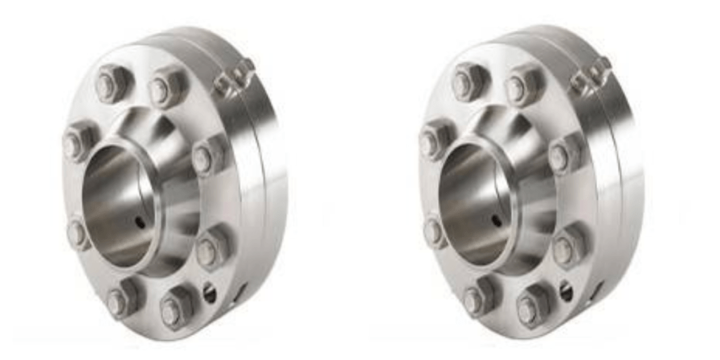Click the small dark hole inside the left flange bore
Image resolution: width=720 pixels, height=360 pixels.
pyautogui.click(x=141, y=222)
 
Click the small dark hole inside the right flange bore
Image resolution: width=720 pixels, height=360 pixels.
pyautogui.click(x=497, y=221)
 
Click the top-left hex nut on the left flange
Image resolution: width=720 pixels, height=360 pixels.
pyautogui.click(x=110, y=83)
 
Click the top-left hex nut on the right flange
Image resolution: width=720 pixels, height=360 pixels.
pyautogui.click(x=467, y=82)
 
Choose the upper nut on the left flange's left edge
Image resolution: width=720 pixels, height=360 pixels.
pyautogui.click(x=77, y=141)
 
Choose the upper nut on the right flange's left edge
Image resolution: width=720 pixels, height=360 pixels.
pyautogui.click(x=434, y=139)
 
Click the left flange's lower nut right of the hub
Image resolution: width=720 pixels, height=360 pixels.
pyautogui.click(x=210, y=248)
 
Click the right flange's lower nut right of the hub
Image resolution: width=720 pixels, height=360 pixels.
pyautogui.click(x=567, y=247)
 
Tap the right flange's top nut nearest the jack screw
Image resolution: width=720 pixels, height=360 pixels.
pyautogui.click(x=521, y=86)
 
